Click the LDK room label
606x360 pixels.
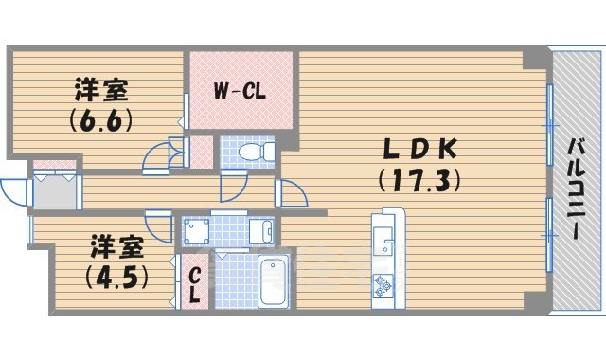419,149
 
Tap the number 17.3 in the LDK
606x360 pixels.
419,178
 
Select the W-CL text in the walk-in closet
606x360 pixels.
238,92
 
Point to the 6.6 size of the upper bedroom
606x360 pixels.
99,121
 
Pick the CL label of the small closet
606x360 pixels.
194,283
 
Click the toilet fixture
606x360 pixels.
254,152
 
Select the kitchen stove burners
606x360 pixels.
383,282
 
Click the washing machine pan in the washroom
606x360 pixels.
197,230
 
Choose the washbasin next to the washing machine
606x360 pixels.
260,230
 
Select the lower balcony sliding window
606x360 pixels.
549,234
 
